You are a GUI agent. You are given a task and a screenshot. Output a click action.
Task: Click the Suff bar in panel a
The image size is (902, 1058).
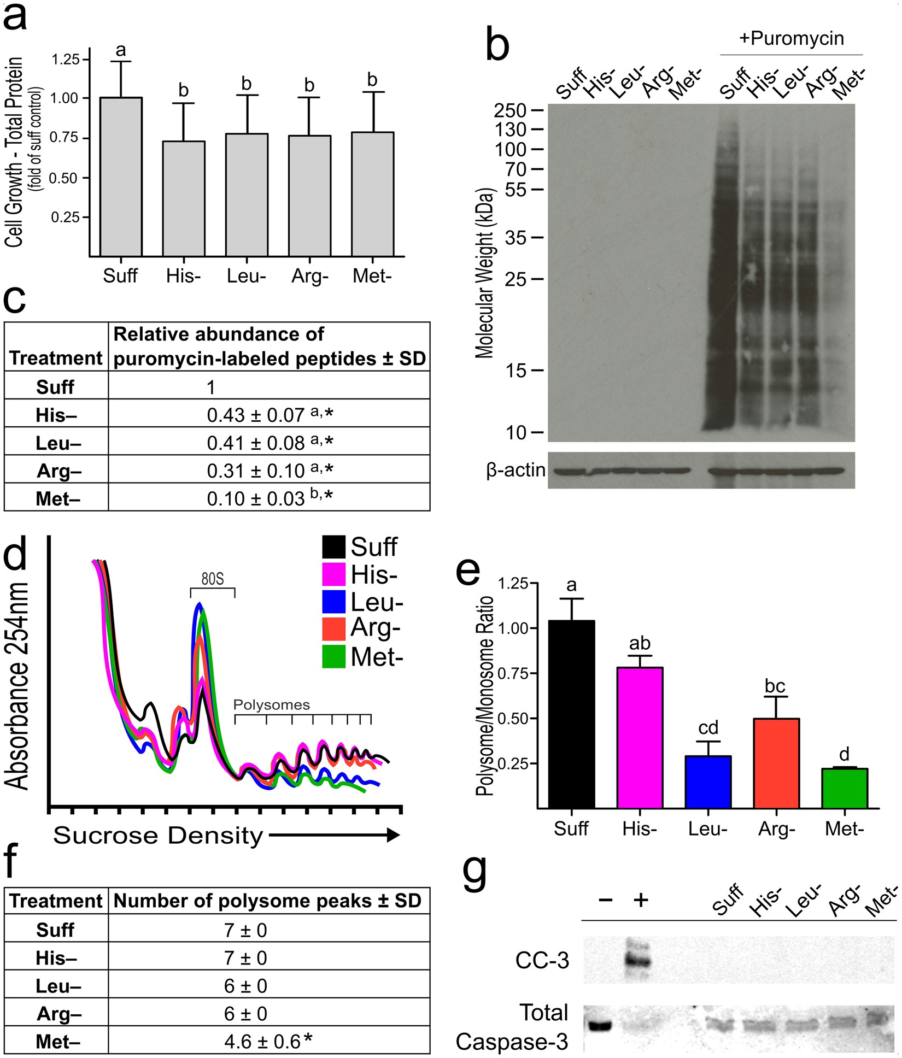[121, 177]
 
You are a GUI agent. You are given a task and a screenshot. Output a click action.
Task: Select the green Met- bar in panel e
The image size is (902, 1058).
[844, 788]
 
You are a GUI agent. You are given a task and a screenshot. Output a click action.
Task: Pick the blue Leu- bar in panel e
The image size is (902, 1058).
[708, 781]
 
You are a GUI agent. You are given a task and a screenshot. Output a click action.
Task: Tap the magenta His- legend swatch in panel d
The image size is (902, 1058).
[333, 574]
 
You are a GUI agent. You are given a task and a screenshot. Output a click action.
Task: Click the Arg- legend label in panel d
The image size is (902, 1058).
[376, 628]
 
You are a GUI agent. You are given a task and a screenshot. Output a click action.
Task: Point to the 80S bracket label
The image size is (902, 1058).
[212, 579]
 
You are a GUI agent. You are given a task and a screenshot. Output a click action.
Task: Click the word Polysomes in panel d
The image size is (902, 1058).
[271, 704]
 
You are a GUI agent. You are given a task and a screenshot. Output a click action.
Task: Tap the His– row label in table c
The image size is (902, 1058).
[56, 415]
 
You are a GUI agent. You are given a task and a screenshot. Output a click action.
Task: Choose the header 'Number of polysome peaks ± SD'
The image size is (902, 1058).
[268, 901]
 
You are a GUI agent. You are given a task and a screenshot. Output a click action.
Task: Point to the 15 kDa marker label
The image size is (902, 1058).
[516, 371]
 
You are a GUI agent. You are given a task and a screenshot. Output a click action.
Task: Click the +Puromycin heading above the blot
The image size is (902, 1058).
[791, 38]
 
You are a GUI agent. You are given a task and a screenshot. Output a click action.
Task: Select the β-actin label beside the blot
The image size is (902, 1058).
[516, 470]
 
